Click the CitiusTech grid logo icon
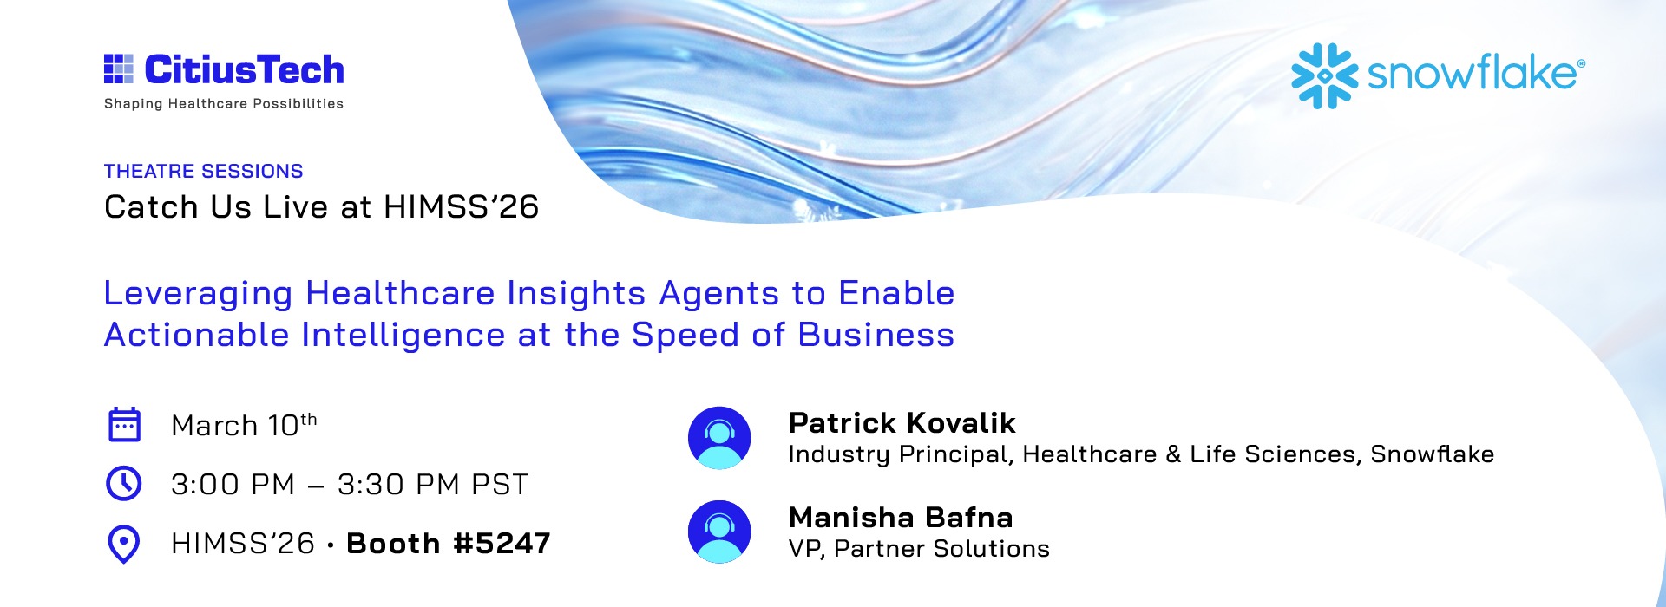point(119,69)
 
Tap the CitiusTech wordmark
point(245,69)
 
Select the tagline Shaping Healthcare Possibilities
point(224,104)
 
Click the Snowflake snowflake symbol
point(1324,75)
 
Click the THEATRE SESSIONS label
point(204,171)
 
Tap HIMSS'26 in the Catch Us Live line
point(462,206)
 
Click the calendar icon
point(124,425)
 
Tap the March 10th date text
point(244,425)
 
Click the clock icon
point(123,484)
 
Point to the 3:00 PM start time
point(233,485)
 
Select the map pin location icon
point(123,545)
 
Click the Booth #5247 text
point(449,544)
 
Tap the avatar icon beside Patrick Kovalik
point(719,438)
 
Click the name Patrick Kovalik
point(902,423)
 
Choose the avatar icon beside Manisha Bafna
point(719,532)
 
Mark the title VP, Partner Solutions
point(919,549)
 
